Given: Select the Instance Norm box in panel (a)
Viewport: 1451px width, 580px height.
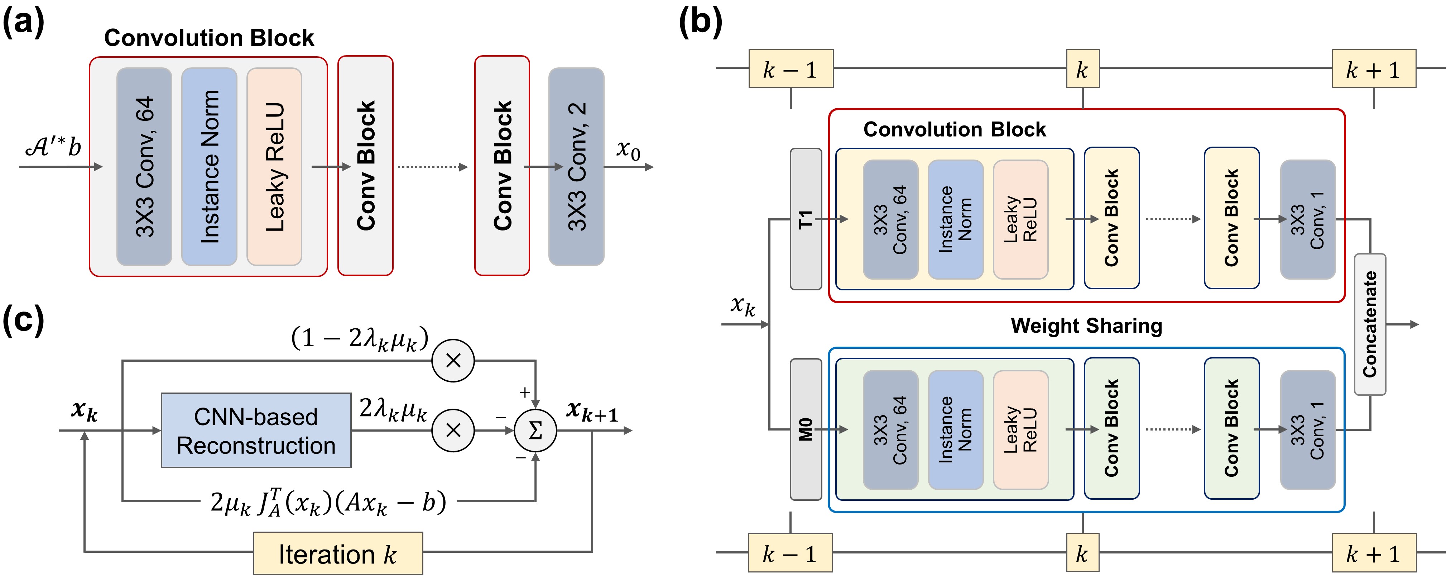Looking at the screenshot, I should [209, 166].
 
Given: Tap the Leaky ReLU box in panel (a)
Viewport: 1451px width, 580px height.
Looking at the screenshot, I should [274, 166].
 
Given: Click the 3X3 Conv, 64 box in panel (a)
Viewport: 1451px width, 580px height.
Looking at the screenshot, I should [144, 166].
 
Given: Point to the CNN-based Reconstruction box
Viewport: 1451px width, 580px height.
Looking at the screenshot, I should [256, 431].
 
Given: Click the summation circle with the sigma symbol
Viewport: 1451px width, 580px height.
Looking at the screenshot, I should [535, 431].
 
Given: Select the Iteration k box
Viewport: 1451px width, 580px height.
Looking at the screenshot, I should [338, 553].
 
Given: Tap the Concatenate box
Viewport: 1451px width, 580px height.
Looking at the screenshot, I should [1370, 324].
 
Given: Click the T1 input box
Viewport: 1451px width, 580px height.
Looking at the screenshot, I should [806, 219].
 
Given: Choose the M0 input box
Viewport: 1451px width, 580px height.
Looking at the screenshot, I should [806, 429].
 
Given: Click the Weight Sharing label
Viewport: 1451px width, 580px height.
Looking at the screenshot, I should [1086, 326].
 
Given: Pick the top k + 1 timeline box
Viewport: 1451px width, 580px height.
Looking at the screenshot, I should [1373, 69].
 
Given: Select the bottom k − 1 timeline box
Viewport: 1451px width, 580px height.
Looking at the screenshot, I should [790, 553].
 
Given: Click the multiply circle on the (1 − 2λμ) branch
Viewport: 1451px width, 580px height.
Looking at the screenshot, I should [453, 361].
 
